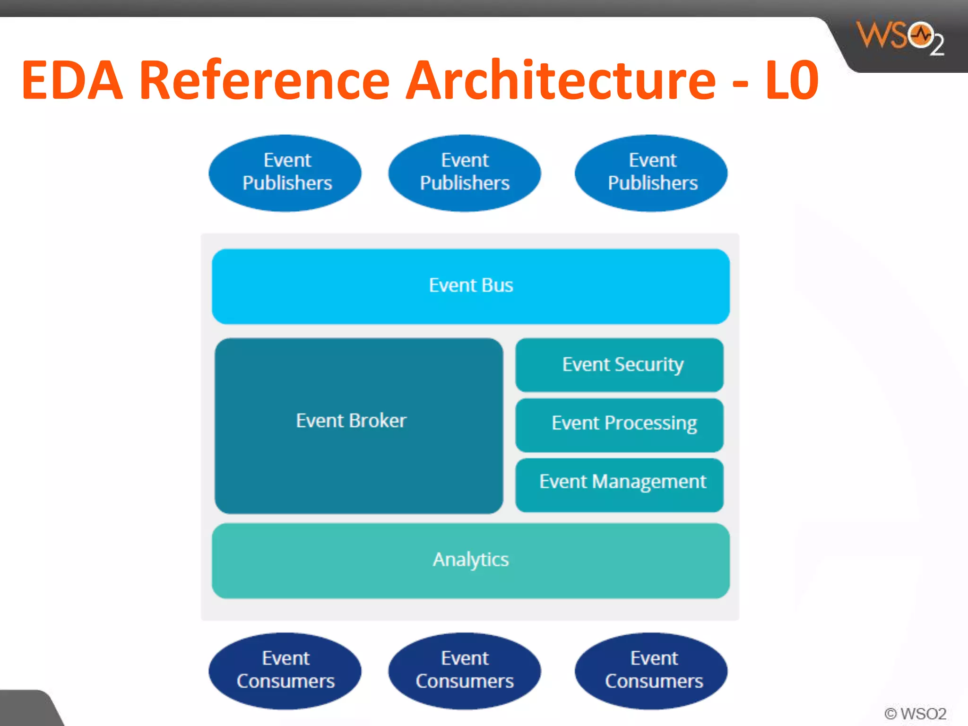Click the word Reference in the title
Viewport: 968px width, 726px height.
point(265,80)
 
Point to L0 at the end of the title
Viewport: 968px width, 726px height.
point(792,80)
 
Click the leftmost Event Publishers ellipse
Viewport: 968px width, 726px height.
point(285,173)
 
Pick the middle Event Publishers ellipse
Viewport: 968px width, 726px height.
point(465,173)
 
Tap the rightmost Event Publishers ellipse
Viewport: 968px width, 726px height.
point(651,173)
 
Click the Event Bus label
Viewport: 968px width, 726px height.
point(471,285)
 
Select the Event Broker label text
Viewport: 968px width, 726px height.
point(351,421)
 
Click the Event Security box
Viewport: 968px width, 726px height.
point(619,365)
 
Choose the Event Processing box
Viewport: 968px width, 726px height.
point(619,424)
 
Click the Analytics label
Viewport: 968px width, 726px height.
point(471,560)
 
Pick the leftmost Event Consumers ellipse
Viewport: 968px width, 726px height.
point(285,670)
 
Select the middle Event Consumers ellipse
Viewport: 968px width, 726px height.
point(465,670)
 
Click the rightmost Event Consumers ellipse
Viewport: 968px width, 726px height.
point(651,670)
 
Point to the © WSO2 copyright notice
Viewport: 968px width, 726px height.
point(915,713)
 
